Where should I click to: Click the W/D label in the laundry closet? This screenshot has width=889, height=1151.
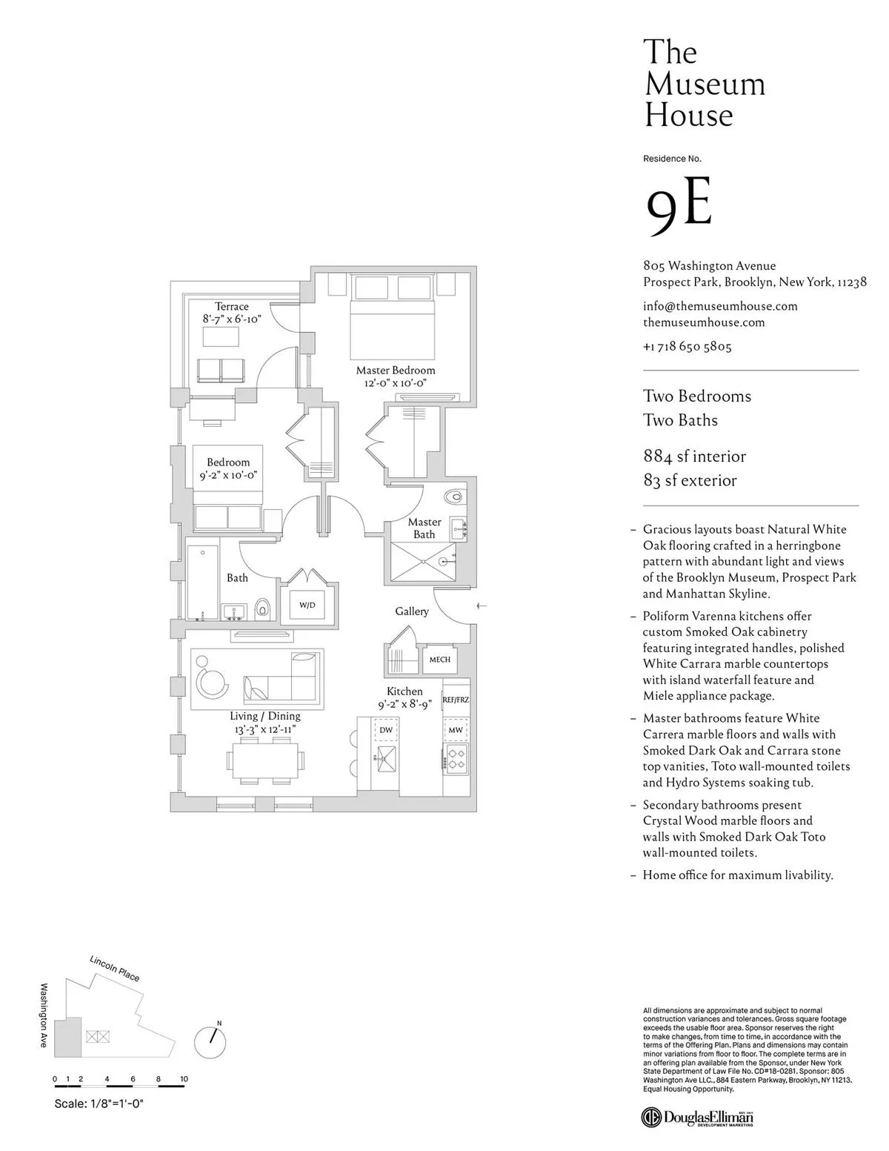tap(307, 605)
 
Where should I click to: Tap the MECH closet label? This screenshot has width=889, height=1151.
tap(439, 659)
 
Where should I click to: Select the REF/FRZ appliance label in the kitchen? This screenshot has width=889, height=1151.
tap(456, 699)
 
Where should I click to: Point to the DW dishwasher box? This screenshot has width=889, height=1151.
tap(386, 730)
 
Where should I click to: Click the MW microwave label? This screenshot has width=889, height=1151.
tap(456, 730)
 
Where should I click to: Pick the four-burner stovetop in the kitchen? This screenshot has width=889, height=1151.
tap(456, 757)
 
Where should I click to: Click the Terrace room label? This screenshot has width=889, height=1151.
tap(232, 306)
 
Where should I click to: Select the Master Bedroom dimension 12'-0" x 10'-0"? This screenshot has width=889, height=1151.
tap(396, 383)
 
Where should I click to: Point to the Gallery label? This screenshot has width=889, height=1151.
tap(412, 611)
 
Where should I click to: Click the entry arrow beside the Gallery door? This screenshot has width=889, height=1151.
tap(482, 606)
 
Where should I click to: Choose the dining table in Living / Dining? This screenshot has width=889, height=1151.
tap(264, 758)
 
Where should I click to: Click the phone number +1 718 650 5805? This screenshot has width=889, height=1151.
tap(687, 346)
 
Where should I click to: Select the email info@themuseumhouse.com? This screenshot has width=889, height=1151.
tap(720, 305)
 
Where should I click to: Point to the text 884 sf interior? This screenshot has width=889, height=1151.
tap(694, 456)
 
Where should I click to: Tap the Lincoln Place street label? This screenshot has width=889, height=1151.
tap(115, 968)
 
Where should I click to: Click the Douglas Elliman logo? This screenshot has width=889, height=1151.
tap(698, 1118)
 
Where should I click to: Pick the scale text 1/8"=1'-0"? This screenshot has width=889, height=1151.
tap(99, 1104)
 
